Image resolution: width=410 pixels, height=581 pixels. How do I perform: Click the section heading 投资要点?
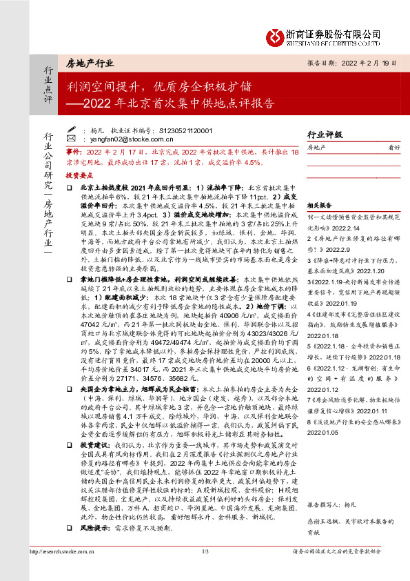[79, 176]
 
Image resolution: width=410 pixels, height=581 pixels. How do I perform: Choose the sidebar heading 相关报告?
[320, 205]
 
